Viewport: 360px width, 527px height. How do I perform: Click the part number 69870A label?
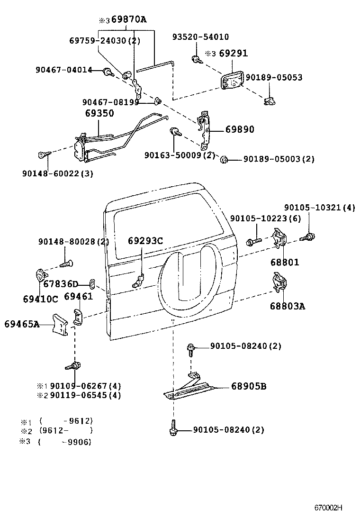point(129,19)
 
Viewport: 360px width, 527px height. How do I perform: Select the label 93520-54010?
point(207,37)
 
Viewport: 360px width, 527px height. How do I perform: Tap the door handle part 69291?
point(232,81)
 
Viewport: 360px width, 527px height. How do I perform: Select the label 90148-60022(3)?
point(57,173)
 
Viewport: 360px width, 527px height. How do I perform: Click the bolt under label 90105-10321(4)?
point(310,236)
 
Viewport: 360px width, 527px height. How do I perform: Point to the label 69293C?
point(145,241)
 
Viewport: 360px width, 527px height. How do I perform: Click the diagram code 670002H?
point(328,508)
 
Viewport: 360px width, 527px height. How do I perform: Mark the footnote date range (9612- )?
point(66,431)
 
